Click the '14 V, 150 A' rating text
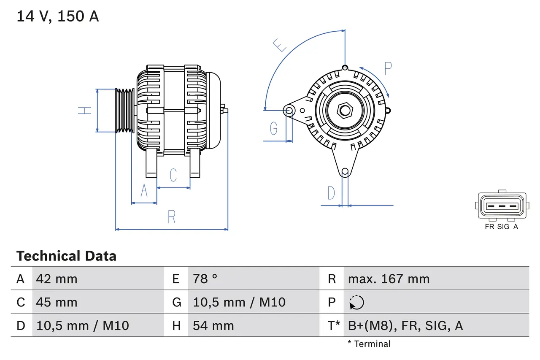coord(58,16)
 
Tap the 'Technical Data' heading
coord(66,256)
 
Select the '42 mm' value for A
coord(57,279)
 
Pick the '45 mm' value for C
coord(57,302)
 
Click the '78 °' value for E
coord(205,279)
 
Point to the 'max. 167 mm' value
coord(389,279)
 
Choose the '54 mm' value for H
coord(213,325)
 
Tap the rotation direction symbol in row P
coord(356,303)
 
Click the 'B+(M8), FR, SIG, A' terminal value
coord(405,325)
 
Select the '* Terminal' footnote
coord(369,344)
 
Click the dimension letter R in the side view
coord(171,217)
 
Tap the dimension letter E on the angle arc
coord(280,45)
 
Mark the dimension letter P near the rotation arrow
coord(388,68)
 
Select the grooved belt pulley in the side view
coord(125,111)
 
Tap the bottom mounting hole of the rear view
coord(345,171)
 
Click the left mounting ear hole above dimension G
coord(289,111)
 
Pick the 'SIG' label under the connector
coord(503,227)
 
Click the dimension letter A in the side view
coord(144,191)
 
